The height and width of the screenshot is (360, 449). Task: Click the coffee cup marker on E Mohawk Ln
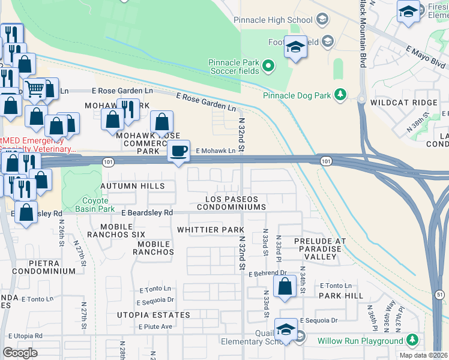pyautogui.click(x=178, y=151)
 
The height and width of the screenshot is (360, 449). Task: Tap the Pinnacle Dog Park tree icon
pyautogui.click(x=341, y=95)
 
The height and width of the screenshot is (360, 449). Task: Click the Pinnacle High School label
pyautogui.click(x=274, y=20)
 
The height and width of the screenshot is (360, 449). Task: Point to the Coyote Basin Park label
pyautogui.click(x=90, y=205)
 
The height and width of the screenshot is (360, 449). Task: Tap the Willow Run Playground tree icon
pyautogui.click(x=412, y=341)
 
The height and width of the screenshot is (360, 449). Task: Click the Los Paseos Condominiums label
pyautogui.click(x=235, y=203)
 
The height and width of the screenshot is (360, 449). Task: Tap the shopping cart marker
pyautogui.click(x=35, y=89)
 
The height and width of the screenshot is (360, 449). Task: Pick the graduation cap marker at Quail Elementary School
pyautogui.click(x=286, y=329)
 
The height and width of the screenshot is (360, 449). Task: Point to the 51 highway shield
pyautogui.click(x=439, y=294)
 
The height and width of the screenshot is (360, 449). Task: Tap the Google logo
pyautogui.click(x=20, y=353)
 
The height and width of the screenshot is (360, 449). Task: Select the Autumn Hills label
pyautogui.click(x=132, y=187)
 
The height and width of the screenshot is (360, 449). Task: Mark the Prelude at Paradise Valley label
pyautogui.click(x=320, y=248)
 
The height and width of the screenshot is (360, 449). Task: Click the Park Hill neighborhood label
pyautogui.click(x=341, y=296)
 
